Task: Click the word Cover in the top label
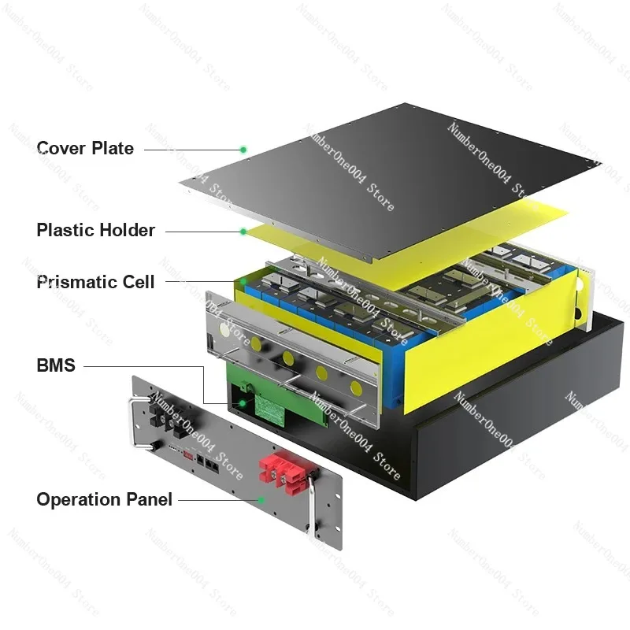tap(61, 148)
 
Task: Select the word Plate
tap(113, 148)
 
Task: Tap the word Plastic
tap(65, 230)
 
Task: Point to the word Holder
tap(127, 230)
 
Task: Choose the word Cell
tap(139, 282)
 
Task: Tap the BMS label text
tap(56, 365)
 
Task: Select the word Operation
tap(78, 499)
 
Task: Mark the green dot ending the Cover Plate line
tap(243, 150)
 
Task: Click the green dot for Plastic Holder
tap(243, 232)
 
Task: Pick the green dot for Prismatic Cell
tap(243, 282)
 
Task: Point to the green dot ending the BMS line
tap(243, 403)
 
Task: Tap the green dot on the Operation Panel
tap(261, 500)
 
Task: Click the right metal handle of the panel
tap(312, 502)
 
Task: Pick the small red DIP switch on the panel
tap(188, 455)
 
